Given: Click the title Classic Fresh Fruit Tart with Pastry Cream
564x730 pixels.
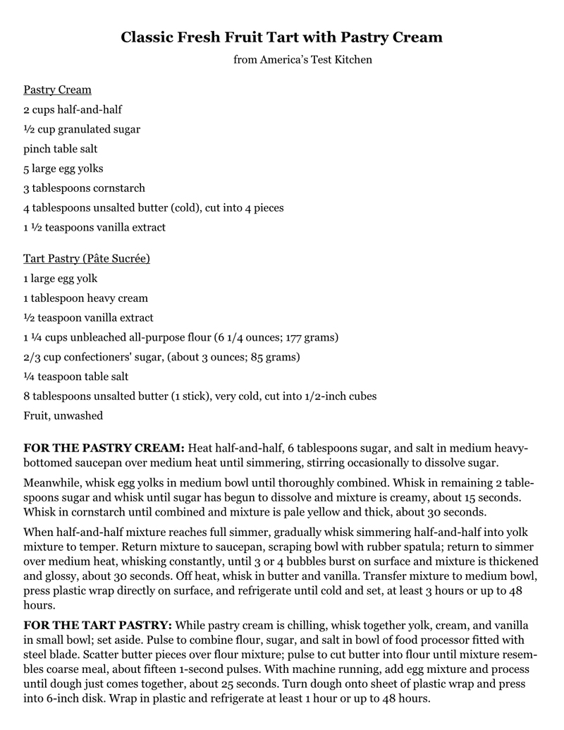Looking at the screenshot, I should click(x=281, y=37).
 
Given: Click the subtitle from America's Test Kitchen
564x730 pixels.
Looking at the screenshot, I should click(x=302, y=60).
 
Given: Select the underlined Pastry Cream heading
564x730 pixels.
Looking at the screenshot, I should click(x=57, y=90).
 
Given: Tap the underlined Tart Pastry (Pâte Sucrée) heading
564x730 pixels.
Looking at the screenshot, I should click(x=86, y=259).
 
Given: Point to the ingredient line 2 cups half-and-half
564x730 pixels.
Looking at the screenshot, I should click(x=73, y=110).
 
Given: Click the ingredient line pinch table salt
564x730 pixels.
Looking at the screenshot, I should click(x=61, y=149).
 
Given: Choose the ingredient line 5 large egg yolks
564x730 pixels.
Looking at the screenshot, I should click(x=63, y=169).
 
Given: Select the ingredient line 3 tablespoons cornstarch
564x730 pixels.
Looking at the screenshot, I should click(x=84, y=188).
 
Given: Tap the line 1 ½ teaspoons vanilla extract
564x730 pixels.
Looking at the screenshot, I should click(x=94, y=227).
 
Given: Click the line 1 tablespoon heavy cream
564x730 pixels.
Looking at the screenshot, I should click(x=85, y=298).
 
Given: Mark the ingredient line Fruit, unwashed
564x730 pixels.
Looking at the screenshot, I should click(x=63, y=415).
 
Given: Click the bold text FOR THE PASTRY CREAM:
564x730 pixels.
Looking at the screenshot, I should click(x=104, y=449).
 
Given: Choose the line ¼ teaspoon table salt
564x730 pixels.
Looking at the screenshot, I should click(x=76, y=377).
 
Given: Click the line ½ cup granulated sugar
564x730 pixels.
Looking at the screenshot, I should click(x=82, y=130).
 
